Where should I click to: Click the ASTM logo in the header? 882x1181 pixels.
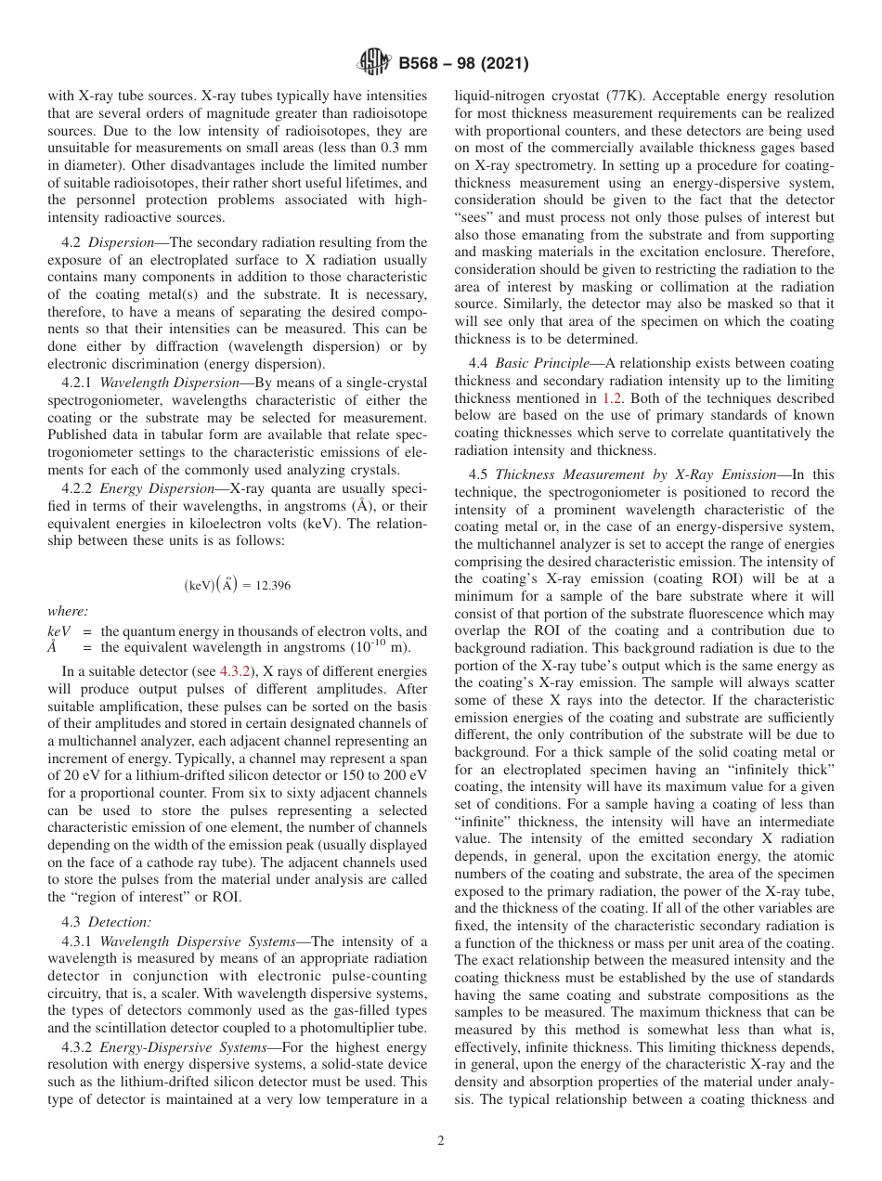pyautogui.click(x=372, y=64)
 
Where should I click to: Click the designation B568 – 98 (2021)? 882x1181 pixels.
pyautogui.click(x=463, y=64)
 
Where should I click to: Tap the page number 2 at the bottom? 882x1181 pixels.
pyautogui.click(x=441, y=1141)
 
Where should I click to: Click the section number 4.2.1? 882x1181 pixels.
pyautogui.click(x=78, y=383)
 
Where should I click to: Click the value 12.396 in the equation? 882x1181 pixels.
pyautogui.click(x=272, y=585)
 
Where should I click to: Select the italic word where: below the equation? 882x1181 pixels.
pyautogui.click(x=68, y=611)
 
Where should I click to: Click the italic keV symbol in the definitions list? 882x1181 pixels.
pyautogui.click(x=58, y=630)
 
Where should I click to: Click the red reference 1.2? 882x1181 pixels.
pyautogui.click(x=613, y=397)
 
